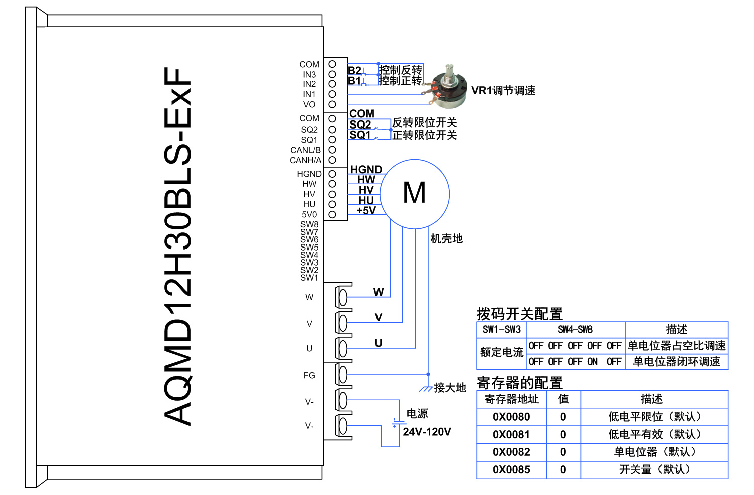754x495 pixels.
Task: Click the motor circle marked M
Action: [415, 194]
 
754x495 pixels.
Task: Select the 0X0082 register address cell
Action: [511, 452]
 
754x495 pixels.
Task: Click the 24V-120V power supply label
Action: [427, 432]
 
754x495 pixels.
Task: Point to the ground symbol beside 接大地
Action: [425, 389]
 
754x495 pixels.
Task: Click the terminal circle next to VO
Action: [332, 104]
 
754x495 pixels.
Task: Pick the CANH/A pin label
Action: [305, 160]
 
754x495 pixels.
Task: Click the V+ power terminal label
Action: [309, 426]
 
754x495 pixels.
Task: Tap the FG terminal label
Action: [309, 375]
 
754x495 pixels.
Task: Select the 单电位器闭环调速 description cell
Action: [676, 362]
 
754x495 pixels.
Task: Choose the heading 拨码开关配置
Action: [519, 314]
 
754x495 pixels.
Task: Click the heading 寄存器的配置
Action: [519, 383]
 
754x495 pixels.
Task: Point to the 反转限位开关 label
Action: [424, 122]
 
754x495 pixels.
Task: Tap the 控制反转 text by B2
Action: [400, 70]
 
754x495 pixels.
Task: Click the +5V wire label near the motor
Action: [366, 210]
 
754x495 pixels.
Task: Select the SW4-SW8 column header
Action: [575, 330]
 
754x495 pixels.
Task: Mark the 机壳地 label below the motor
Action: [446, 239]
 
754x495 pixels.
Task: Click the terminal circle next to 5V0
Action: [332, 214]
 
